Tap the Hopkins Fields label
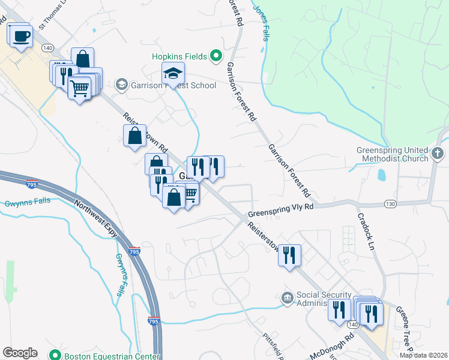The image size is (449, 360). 179,56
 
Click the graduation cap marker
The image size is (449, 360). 173,74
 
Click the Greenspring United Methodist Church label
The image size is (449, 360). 391,154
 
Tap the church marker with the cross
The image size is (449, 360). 438,154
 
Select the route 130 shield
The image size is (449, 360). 391,204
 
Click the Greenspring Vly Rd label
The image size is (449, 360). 281,209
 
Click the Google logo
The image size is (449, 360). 19,353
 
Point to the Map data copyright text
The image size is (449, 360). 424,355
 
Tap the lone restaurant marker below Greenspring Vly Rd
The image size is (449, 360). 291,254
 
